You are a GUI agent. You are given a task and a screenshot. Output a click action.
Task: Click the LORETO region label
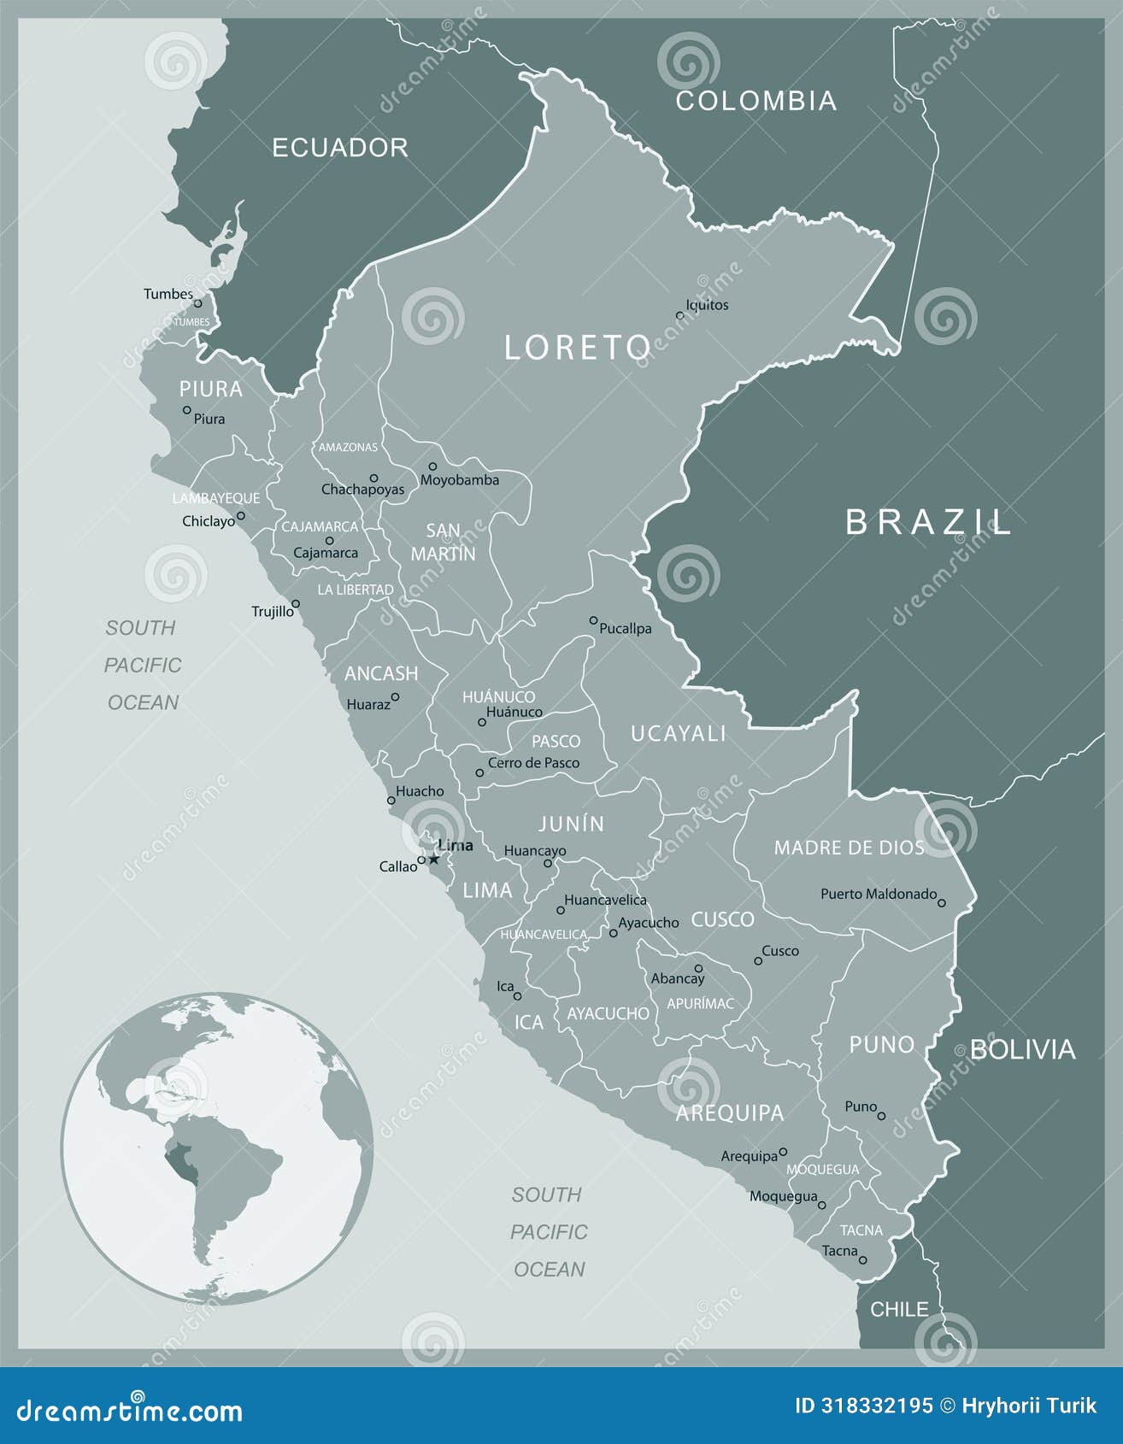(577, 348)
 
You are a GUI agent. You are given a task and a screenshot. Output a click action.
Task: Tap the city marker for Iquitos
(680, 315)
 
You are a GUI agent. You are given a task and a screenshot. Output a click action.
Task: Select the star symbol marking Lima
(434, 859)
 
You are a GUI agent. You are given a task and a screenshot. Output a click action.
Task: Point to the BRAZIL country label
(928, 522)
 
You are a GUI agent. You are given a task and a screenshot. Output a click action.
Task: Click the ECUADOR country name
(340, 148)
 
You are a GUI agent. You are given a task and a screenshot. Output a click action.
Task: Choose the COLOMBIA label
(756, 101)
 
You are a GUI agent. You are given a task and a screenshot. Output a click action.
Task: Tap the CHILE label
(899, 1309)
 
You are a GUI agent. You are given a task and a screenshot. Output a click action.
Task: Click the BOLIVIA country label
(1022, 1049)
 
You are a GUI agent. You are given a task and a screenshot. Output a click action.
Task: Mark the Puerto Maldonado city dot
(942, 902)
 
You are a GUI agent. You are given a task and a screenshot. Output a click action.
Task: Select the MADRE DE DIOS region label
(849, 848)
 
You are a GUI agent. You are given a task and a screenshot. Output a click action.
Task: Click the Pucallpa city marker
(593, 620)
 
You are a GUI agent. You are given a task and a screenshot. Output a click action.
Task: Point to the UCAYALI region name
(678, 733)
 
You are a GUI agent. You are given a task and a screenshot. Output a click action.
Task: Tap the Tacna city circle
(862, 1260)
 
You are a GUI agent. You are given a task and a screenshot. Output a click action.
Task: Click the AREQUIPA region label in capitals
(729, 1112)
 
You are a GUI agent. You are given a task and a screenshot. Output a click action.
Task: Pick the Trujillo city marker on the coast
(295, 603)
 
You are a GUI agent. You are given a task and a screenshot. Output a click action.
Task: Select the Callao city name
(397, 866)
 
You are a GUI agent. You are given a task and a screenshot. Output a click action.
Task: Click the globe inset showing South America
(217, 1148)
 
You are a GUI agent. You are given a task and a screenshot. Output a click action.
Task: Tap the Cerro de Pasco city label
(533, 763)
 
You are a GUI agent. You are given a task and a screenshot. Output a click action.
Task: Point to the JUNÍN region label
(571, 824)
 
